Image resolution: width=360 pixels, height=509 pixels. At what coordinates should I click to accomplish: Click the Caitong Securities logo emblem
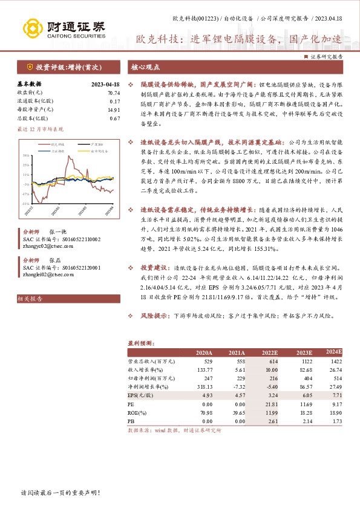[31, 28]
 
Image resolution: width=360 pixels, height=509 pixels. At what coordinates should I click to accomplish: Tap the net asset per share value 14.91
[114, 110]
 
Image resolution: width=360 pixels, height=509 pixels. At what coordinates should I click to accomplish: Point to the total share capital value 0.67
[115, 118]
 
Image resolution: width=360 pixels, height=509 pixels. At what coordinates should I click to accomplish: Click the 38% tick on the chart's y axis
[27, 155]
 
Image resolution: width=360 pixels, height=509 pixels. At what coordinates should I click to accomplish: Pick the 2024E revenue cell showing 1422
[335, 361]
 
